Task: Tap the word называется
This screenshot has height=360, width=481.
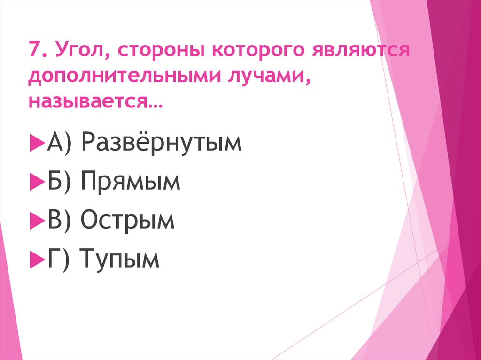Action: point(94,100)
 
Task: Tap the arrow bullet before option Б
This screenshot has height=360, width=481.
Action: point(35,181)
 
